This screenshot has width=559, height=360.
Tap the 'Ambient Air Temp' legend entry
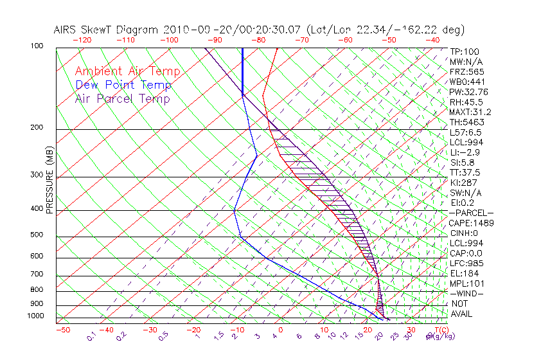click(x=127, y=71)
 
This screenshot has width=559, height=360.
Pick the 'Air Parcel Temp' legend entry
click(x=122, y=98)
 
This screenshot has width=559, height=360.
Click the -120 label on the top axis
click(x=82, y=40)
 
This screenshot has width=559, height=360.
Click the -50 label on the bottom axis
click(x=62, y=330)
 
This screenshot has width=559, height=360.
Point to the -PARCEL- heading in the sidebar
click(x=471, y=213)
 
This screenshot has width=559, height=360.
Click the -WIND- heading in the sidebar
click(x=467, y=294)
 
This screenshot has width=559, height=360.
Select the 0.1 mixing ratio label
click(x=92, y=336)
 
